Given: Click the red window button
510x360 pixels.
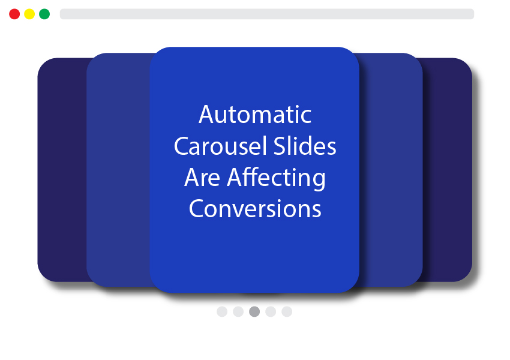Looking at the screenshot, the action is [14, 14].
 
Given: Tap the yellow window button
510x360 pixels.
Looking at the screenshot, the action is [29, 14].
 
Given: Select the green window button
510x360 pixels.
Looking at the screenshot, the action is [44, 14].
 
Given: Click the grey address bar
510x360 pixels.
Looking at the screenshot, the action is [267, 14].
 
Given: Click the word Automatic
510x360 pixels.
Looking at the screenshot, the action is [255, 115].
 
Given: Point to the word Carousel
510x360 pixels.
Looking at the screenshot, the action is [221, 146].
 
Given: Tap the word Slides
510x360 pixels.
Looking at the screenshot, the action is [305, 146].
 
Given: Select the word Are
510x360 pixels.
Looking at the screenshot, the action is [202, 178].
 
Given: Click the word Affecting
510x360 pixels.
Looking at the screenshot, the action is [276, 178].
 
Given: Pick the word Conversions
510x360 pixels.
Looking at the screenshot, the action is [255, 209].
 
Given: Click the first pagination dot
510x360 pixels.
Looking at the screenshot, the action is [222, 311].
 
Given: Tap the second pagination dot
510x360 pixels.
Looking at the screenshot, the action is [238, 311].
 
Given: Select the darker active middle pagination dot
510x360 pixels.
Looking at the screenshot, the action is [254, 311].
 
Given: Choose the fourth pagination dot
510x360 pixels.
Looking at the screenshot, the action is [271, 311].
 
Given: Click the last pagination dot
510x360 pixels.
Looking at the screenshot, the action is [287, 311].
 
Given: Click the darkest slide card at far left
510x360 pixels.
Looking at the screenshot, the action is [62, 170].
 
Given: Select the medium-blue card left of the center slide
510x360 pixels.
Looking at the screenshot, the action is [118, 170].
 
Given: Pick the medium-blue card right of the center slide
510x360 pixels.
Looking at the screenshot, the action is [391, 170].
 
